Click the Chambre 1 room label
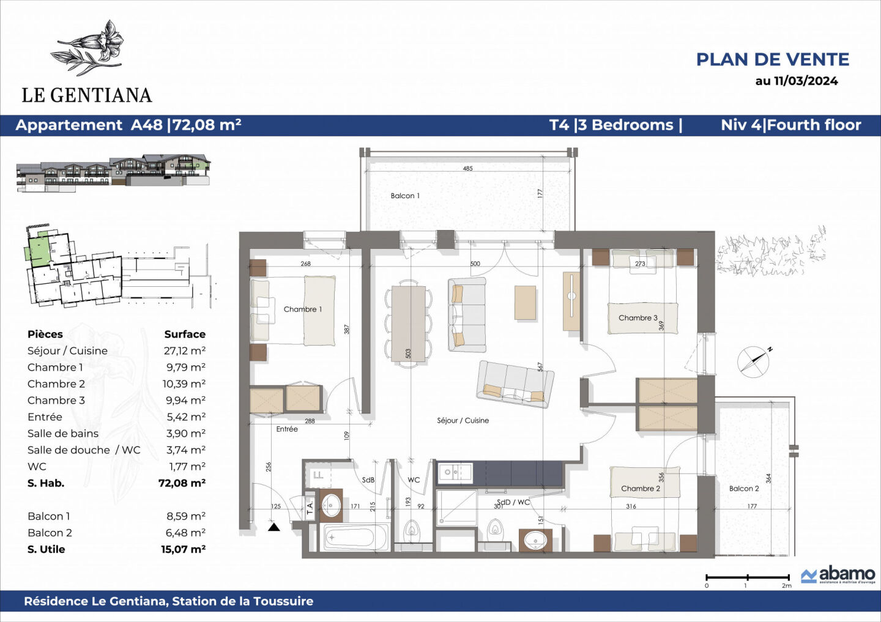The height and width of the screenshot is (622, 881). tap(302, 309)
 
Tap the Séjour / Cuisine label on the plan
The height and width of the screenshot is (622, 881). tap(463, 421)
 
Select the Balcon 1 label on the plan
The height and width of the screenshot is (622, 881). tap(405, 196)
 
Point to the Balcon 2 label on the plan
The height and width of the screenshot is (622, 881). tap(744, 489)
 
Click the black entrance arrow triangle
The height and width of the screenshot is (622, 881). tap(274, 527)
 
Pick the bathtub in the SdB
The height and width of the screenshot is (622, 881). tap(355, 538)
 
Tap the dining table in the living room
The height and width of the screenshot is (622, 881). tap(408, 324)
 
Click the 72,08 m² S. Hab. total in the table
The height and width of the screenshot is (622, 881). tap(182, 483)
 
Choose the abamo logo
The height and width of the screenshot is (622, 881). tap(839, 575)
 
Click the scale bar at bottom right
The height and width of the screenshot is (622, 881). tap(748, 577)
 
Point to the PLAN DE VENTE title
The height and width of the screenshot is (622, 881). tap(772, 59)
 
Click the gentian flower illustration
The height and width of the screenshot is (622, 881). tap(92, 48)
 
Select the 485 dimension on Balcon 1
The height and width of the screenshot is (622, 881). tap(467, 169)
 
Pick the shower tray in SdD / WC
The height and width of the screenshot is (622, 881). tap(456, 507)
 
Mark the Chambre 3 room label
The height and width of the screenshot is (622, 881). tap(638, 318)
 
